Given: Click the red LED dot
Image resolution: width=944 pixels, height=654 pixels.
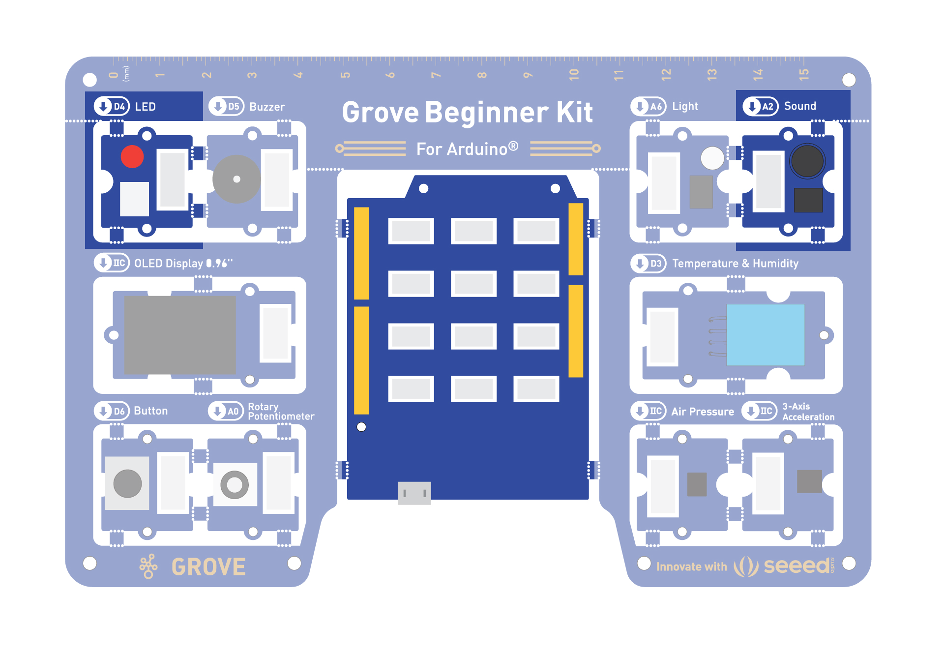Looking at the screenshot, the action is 132,156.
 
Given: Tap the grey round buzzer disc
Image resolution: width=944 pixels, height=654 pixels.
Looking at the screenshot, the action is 236,179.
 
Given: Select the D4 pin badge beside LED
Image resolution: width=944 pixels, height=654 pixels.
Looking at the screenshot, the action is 112,106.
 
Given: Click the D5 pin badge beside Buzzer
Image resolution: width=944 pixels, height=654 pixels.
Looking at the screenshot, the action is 226,106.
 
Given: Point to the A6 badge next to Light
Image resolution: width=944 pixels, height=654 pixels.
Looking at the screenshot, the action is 649,106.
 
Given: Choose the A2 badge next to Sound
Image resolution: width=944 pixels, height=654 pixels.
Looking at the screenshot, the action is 761,106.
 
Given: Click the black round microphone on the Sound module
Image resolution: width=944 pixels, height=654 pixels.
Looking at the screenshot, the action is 807,161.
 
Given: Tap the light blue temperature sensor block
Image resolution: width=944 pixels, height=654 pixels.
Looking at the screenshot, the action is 766,335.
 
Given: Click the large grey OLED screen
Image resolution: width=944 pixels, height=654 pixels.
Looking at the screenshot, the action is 180,335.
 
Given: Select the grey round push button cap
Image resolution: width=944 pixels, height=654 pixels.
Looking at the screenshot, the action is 127,483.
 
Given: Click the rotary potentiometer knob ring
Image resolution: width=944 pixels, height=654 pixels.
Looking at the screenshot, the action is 235,485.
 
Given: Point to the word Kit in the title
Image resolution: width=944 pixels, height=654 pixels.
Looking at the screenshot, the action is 574,112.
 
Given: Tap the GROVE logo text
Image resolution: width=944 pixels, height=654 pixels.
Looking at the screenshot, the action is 208,567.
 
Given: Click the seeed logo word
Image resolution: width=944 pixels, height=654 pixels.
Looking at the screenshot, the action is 796,566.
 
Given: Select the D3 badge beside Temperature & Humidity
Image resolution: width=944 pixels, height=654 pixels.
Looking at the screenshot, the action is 649,263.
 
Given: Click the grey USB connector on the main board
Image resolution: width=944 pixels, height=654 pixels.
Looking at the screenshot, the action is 414,493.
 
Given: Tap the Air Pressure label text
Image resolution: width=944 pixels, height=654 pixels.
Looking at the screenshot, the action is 703,412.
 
